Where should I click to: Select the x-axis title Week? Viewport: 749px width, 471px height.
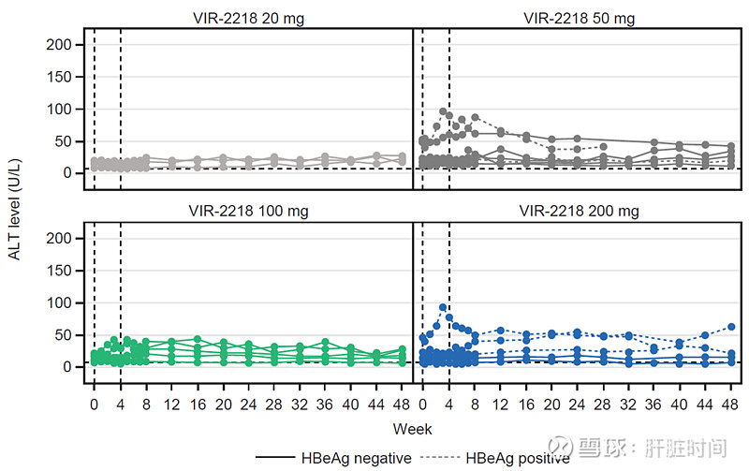point(412,429)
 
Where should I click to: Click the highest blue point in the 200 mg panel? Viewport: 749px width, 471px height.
point(442,307)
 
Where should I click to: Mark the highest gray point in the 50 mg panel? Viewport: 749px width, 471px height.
point(442,111)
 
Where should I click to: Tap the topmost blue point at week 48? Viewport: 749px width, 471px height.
point(730,327)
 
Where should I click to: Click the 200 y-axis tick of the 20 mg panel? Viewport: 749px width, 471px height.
point(59,45)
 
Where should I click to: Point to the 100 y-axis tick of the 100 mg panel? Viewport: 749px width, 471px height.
point(59,303)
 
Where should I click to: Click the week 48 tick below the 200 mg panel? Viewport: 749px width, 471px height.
point(730,404)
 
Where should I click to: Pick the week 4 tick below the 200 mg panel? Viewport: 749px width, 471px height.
point(449,404)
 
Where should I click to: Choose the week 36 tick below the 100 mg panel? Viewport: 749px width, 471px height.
point(325,404)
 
